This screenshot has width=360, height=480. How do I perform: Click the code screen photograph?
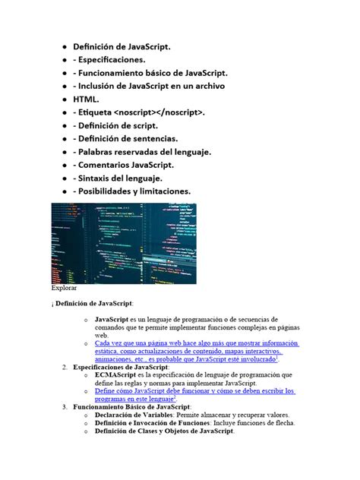pyautogui.click(x=123, y=243)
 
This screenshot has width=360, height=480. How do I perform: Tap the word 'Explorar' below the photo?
pyautogui.click(x=64, y=289)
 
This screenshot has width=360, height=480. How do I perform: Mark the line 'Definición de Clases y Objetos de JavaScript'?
pyautogui.click(x=164, y=431)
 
